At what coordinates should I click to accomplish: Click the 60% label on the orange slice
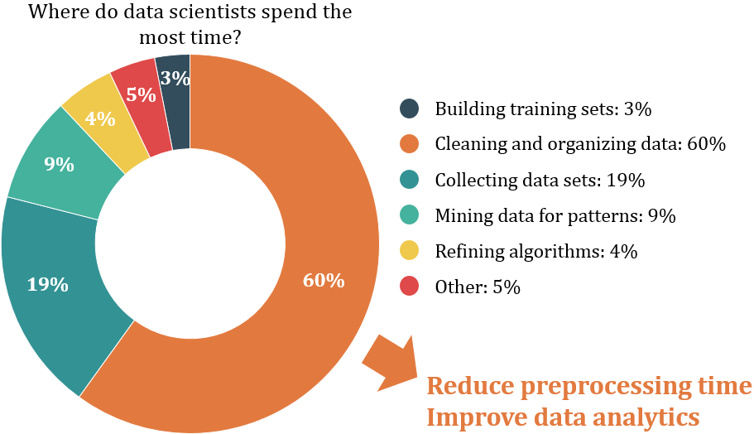click(x=324, y=280)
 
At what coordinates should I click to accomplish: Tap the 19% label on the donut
click(x=47, y=285)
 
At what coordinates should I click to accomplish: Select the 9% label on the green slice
click(x=60, y=164)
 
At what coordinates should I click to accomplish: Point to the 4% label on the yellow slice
click(x=100, y=118)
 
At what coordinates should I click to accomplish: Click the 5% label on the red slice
click(x=142, y=94)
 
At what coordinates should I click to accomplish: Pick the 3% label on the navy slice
click(x=175, y=79)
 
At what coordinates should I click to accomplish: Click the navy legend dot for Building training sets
click(x=409, y=108)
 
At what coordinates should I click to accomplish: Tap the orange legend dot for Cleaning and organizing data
click(x=409, y=144)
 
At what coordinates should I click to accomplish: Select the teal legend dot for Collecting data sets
click(x=409, y=180)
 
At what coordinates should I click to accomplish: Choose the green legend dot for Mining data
click(x=409, y=215)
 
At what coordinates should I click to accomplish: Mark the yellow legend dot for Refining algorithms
click(x=409, y=251)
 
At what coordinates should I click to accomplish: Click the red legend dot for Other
click(x=409, y=287)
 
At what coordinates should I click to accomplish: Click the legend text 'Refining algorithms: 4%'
click(x=535, y=252)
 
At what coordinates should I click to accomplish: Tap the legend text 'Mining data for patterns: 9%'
click(x=555, y=216)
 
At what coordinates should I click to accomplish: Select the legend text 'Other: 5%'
click(x=478, y=287)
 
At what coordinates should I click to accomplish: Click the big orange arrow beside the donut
click(x=388, y=362)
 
